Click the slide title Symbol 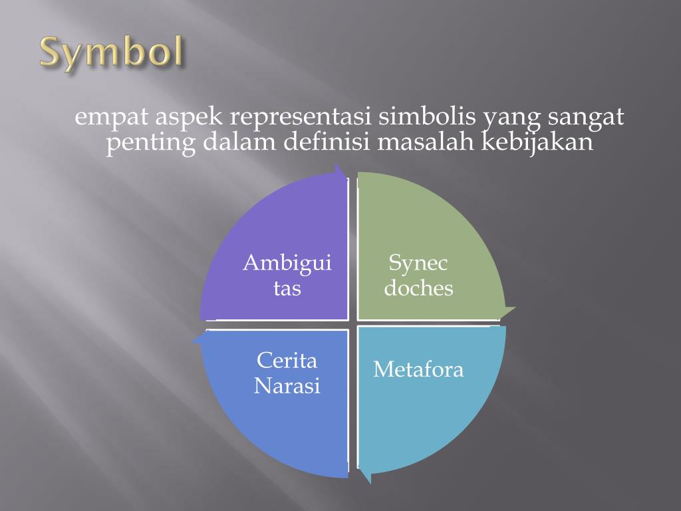pos(111,53)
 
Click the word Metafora pos(418,369)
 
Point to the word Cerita pos(287,361)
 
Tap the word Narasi pos(287,386)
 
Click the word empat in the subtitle pos(111,118)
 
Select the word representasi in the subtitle pos(301,118)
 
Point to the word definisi pos(319,142)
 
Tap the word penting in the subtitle pos(151,142)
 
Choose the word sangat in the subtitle pos(586,118)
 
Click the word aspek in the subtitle pos(190,118)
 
